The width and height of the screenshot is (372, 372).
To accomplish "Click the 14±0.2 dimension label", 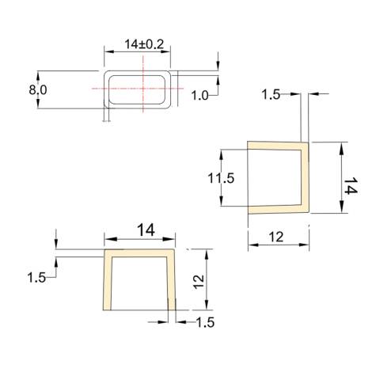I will pos(143,45).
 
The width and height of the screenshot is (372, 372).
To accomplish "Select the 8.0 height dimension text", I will pos(38,89).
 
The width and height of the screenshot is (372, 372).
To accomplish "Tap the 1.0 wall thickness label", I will pos(200,95).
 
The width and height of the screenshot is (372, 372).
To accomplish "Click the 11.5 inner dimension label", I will pos(222,178).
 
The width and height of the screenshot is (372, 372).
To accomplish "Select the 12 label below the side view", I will pos(277,237).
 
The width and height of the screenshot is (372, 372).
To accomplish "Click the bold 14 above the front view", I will pos(145,230).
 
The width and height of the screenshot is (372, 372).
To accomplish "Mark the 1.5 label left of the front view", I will pos(36,278).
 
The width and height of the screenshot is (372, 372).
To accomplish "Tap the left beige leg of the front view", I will pos(107,285).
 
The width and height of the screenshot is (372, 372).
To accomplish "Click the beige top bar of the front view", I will pos(140,254).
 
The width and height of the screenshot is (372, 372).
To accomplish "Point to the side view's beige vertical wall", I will pos(305,178).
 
